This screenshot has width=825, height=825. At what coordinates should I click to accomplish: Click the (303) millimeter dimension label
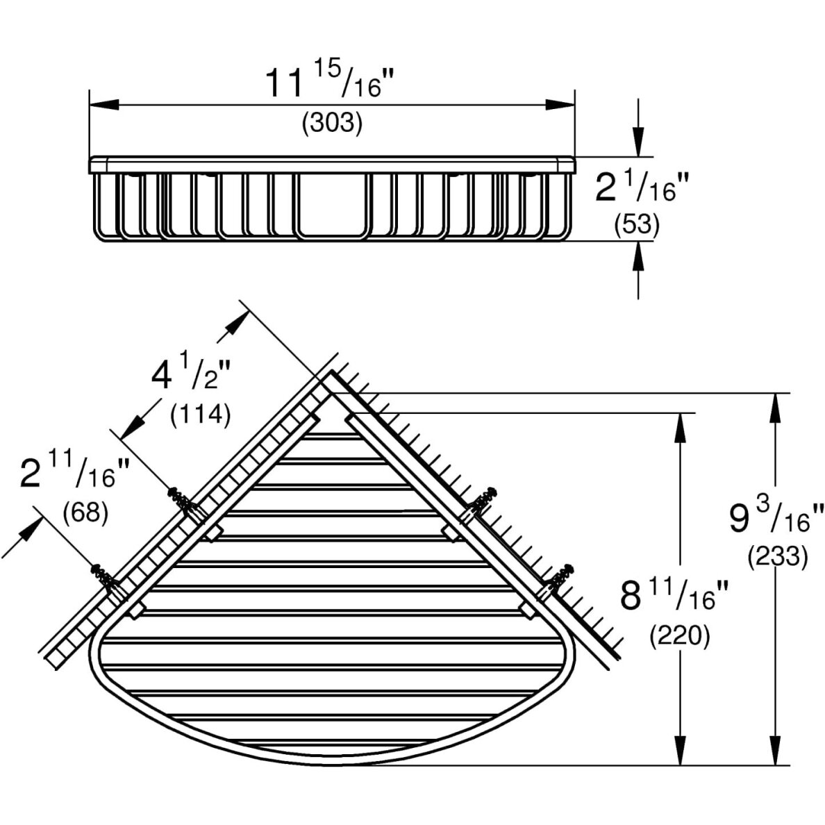[332, 124]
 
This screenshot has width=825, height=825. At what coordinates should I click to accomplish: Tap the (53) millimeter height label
[637, 225]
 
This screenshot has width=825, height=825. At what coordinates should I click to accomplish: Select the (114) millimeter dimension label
[201, 416]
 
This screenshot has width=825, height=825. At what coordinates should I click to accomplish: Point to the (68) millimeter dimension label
[85, 511]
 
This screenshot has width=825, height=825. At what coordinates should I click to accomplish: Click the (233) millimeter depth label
[778, 557]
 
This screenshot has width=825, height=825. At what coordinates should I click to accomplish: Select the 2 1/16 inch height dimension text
[642, 187]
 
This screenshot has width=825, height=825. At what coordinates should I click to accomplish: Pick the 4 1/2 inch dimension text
[191, 374]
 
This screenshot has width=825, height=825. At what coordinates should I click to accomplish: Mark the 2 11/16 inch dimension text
[75, 472]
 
